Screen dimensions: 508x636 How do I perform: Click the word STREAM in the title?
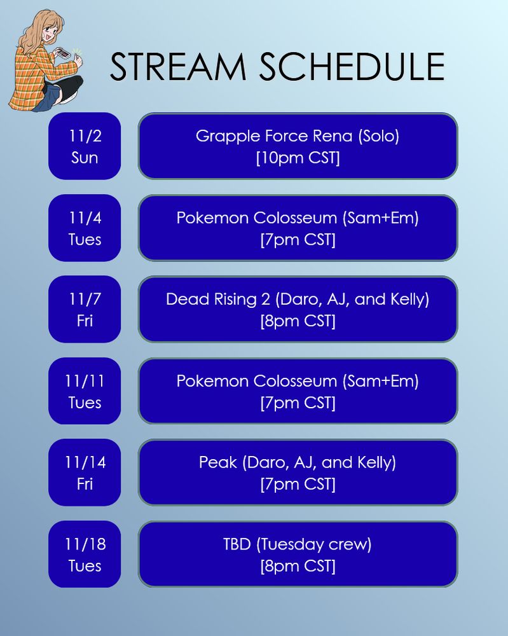pos(178,67)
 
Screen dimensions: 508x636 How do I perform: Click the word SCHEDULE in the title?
pos(352,67)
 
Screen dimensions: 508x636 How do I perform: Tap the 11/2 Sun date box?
pos(85,146)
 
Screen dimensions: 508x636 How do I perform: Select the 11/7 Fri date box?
pos(85,309)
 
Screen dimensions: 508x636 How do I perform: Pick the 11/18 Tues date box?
pos(85,554)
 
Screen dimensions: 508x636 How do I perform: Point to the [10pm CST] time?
pos(298,158)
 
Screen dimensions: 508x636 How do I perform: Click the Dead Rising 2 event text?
pos(298,300)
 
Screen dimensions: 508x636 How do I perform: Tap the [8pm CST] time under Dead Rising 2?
pos(298,321)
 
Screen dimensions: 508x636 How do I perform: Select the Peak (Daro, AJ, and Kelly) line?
pos(298,462)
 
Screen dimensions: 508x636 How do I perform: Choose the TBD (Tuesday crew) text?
pos(298,544)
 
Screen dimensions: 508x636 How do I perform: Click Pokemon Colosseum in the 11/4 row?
pos(257,218)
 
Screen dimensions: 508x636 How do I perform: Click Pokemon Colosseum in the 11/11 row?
pos(257,381)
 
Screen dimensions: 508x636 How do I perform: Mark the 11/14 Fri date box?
pos(85,473)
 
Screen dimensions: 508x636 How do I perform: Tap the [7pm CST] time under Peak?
pos(298,484)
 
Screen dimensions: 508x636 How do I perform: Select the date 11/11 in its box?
pos(85,381)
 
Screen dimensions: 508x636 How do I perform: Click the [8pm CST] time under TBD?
pos(298,566)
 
